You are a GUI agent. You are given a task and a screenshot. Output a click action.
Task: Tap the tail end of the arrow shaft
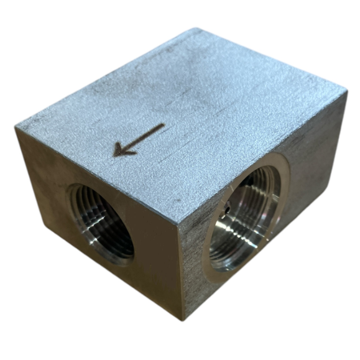click(x=164, y=125)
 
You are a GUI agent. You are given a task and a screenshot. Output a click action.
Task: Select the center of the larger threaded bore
click(x=244, y=221)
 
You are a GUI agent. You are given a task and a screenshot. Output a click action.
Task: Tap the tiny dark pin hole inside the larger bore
click(x=228, y=210)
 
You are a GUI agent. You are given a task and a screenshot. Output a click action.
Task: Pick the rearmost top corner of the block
click(x=197, y=29)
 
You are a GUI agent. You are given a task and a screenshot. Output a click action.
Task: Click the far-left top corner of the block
click(x=16, y=127)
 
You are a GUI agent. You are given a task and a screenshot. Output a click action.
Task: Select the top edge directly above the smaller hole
click(x=93, y=175)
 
